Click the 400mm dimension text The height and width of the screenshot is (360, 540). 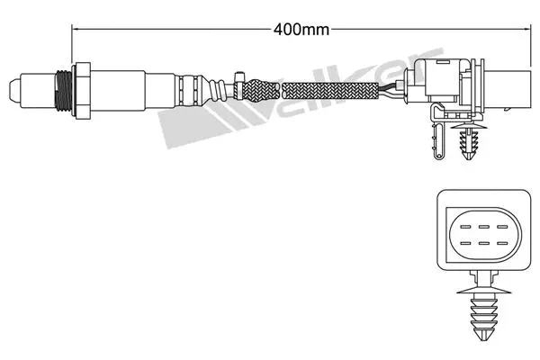300,29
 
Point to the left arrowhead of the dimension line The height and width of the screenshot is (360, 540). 75,30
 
